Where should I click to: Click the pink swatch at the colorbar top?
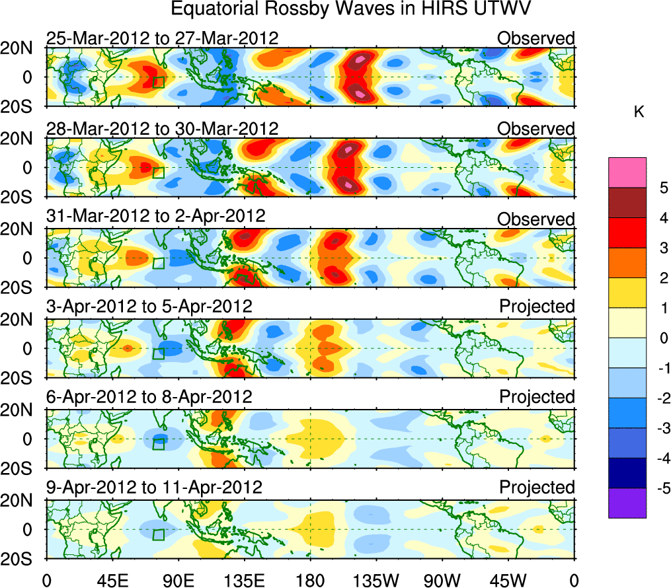(627, 172)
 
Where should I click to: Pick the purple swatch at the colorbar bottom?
(627, 503)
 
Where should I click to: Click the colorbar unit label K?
(639, 112)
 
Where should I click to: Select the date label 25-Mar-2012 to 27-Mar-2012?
(162, 38)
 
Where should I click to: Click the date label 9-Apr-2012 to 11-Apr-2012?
(154, 488)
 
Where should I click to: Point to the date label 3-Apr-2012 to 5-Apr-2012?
(149, 307)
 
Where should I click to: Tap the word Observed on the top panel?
(536, 38)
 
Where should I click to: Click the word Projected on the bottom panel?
(537, 488)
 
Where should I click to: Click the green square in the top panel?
(159, 82)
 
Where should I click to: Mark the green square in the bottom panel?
(159, 534)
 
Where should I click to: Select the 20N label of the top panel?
(22, 48)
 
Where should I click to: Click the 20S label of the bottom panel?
(22, 558)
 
